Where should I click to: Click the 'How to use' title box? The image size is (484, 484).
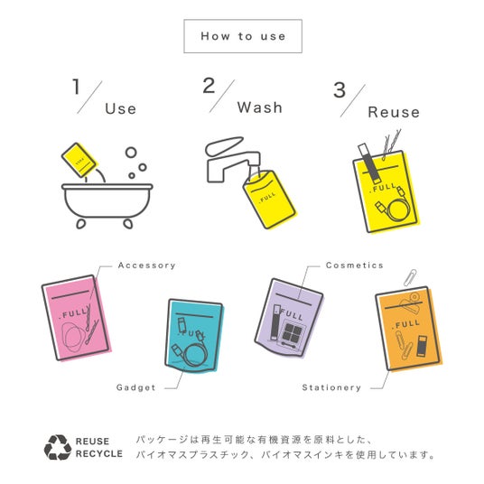(x=243, y=36)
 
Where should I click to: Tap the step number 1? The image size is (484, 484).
(x=76, y=87)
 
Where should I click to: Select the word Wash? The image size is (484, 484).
(x=259, y=107)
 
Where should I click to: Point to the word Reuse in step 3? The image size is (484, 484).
(x=394, y=112)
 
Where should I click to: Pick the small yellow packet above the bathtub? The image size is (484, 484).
(x=79, y=160)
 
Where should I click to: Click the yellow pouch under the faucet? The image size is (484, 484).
(x=269, y=199)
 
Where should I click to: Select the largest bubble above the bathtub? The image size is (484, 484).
(x=131, y=153)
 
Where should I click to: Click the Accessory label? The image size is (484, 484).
(x=146, y=265)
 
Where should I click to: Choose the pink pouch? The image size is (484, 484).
(x=76, y=318)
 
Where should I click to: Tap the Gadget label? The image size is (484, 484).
(x=135, y=387)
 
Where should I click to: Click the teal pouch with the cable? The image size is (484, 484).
(x=194, y=336)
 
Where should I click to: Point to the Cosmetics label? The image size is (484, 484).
(x=354, y=265)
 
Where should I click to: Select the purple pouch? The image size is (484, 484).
(x=289, y=318)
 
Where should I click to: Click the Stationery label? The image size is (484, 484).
(x=331, y=387)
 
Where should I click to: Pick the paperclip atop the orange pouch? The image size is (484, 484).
(x=410, y=278)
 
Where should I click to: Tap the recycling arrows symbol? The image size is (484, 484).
(x=58, y=447)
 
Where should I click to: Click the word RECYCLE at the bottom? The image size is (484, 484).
(x=98, y=453)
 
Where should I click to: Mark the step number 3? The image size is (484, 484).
(x=340, y=90)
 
